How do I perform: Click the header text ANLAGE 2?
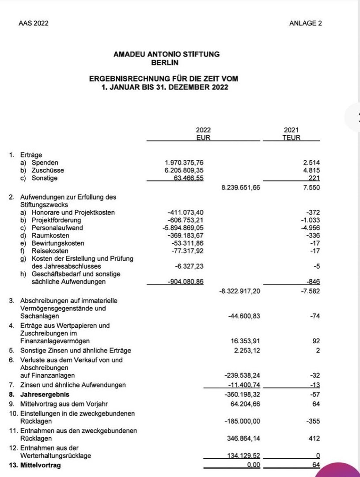[x=306, y=23]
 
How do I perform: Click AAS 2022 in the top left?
[x=34, y=23]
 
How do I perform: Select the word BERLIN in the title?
[x=166, y=62]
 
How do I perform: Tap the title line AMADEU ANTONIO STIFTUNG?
[x=166, y=54]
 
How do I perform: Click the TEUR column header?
[x=291, y=138]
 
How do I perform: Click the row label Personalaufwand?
[x=57, y=228]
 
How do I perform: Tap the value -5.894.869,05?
[x=183, y=228]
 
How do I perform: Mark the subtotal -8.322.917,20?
[x=241, y=291]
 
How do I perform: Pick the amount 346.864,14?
[x=243, y=439]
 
